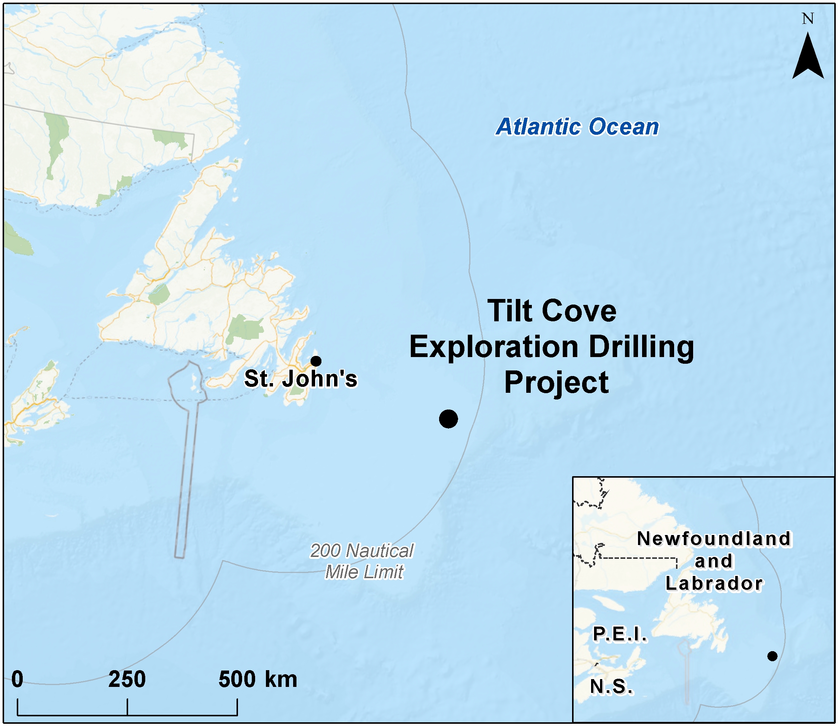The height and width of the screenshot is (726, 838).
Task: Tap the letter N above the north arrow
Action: coord(807,19)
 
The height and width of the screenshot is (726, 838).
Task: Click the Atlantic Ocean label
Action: coord(577,127)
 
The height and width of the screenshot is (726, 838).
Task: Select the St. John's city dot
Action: coord(316,361)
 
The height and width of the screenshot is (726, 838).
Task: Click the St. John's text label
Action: coord(301,379)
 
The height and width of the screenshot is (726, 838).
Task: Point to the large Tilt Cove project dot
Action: coord(448,419)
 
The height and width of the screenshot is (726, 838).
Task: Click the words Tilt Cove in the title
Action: coord(552,311)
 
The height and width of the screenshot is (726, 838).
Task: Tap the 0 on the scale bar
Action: coord(17,679)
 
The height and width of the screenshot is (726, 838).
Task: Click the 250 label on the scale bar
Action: coord(127,679)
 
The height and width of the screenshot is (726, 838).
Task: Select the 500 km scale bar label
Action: coord(258,679)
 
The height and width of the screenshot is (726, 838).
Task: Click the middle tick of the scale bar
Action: coord(127,707)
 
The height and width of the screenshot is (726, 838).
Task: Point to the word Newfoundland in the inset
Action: coord(714,539)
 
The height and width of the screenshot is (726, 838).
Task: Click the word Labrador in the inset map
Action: coord(714,583)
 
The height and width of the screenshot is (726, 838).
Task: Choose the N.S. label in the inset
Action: coord(611,687)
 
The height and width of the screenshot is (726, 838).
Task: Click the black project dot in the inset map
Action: coord(772,656)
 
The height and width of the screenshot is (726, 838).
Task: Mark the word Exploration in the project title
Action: coord(493,347)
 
